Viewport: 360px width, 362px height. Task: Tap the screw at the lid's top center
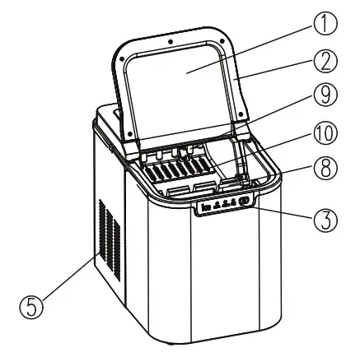pyautogui.click(x=168, y=39)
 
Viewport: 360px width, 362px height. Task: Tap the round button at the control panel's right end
pyautogui.click(x=245, y=203)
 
